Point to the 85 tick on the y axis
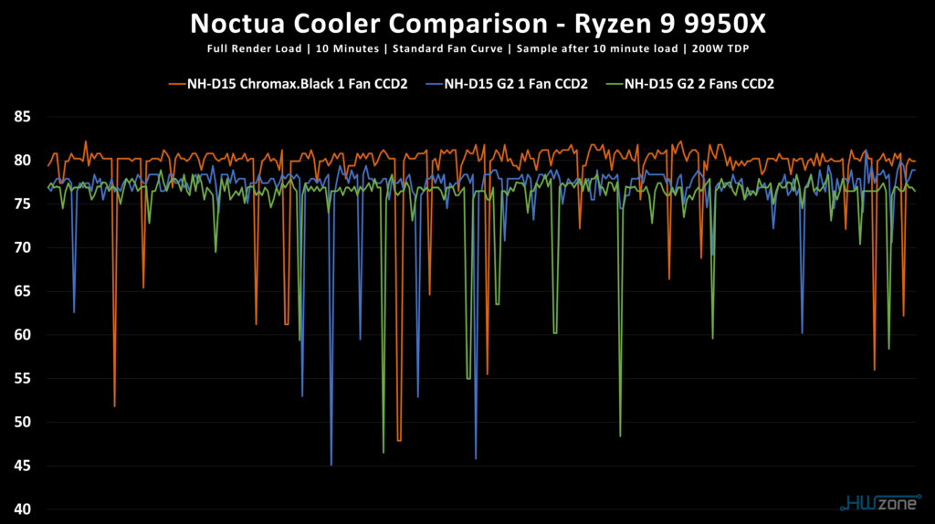[x=22, y=117]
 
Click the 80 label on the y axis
[x=22, y=161]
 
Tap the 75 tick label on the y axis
[x=22, y=204]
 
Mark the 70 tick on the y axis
[x=22, y=247]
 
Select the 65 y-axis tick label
[x=22, y=291]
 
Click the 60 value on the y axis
[x=22, y=335]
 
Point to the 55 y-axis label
[x=22, y=379]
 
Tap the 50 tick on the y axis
[x=22, y=422]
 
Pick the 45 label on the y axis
[x=22, y=466]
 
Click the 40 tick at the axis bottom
[x=22, y=509]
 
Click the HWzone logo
[x=877, y=502]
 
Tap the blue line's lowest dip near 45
[x=331, y=464]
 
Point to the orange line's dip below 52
[x=114, y=405]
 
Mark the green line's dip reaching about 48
[x=620, y=435]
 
